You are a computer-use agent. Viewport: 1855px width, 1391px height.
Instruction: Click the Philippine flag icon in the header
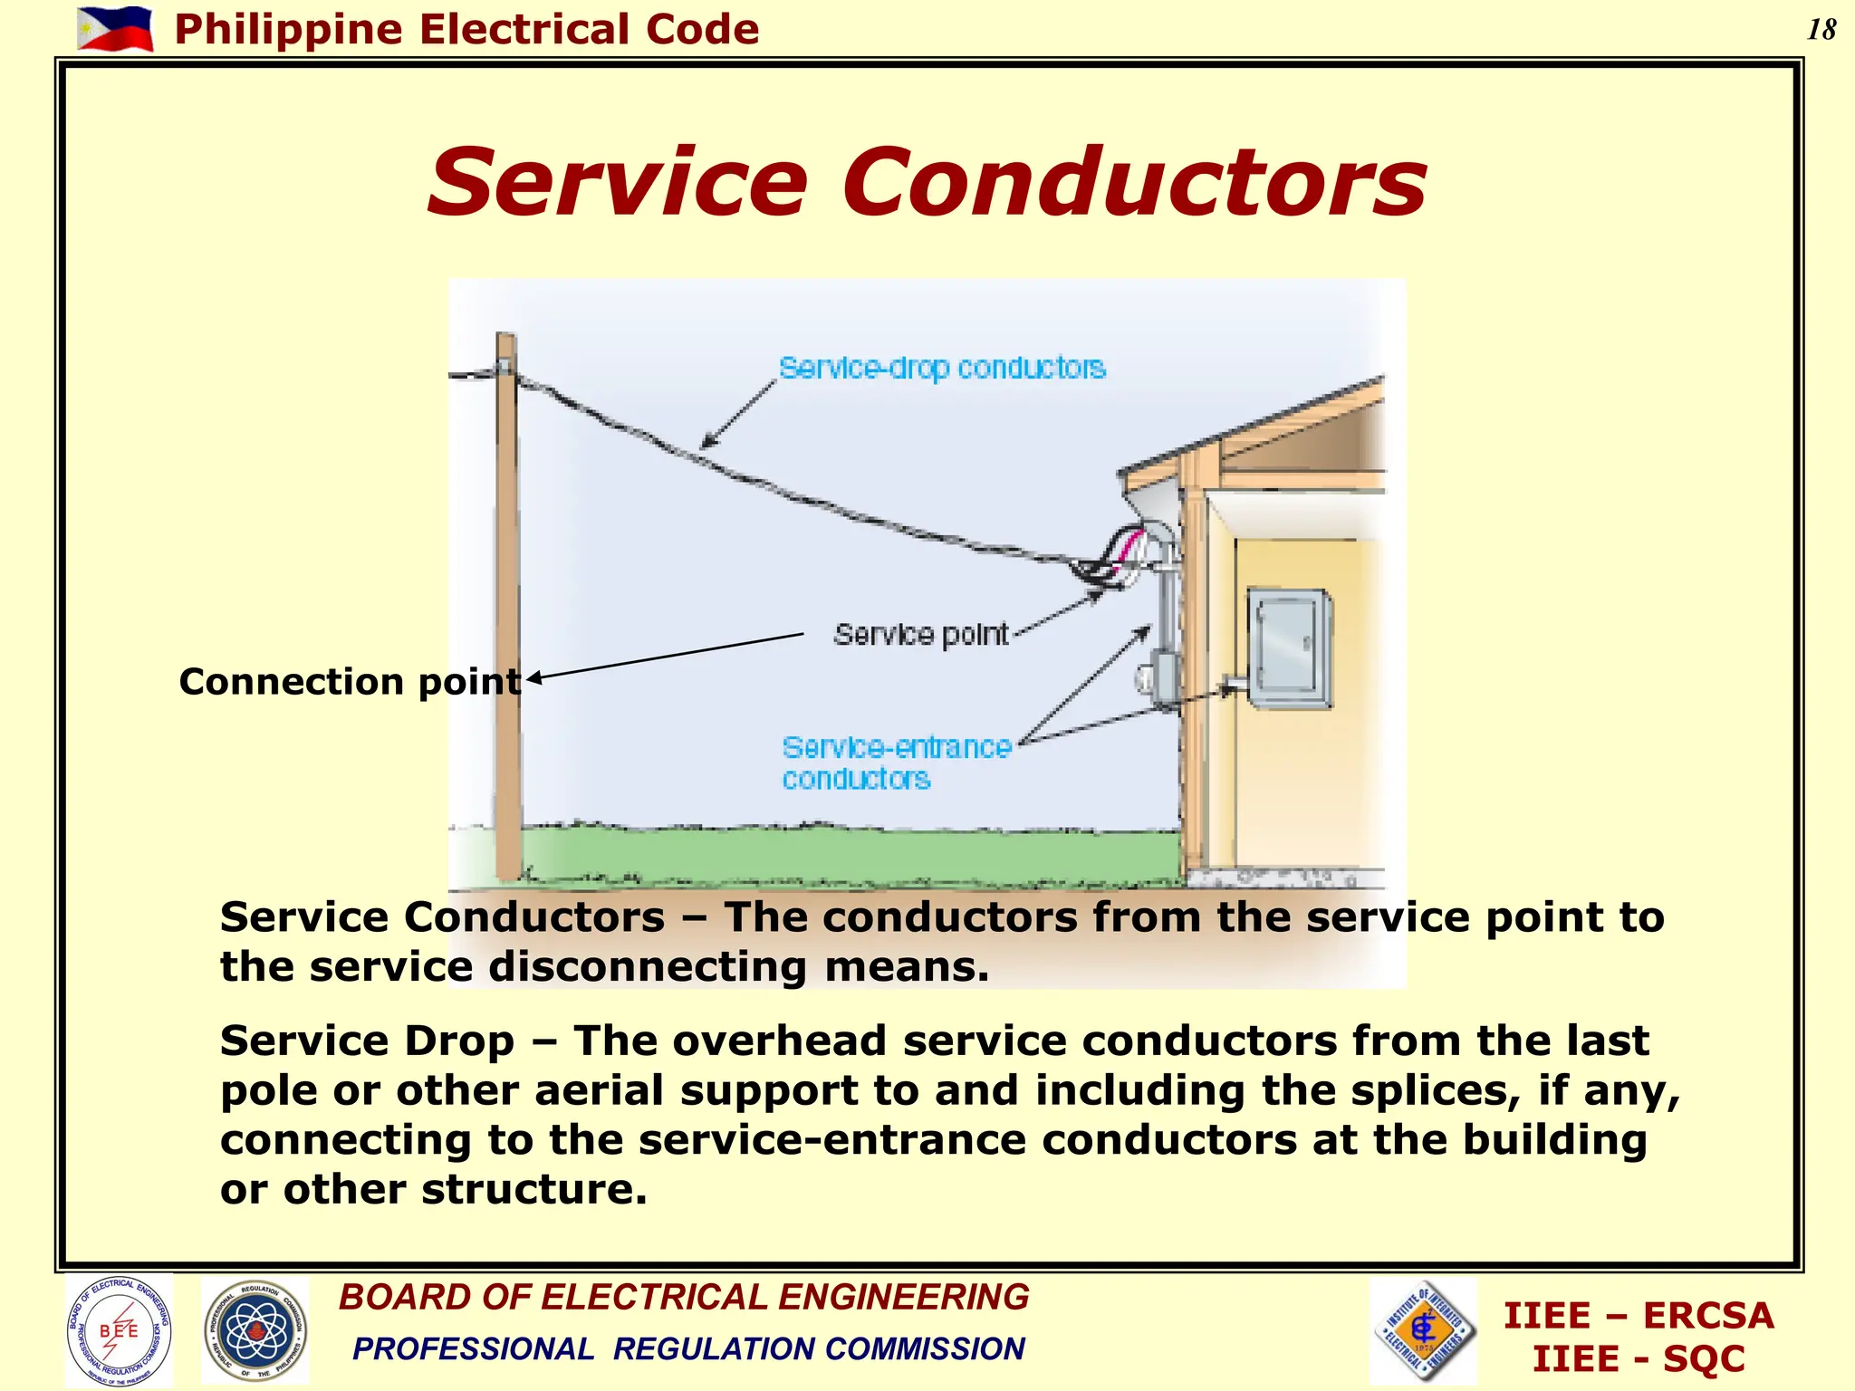[115, 29]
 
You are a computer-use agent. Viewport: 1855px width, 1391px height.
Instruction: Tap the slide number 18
[1821, 30]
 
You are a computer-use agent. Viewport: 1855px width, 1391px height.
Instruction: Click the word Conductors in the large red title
[1135, 184]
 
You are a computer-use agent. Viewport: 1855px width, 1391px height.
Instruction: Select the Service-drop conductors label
[942, 368]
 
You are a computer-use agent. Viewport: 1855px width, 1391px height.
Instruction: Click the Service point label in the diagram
[920, 634]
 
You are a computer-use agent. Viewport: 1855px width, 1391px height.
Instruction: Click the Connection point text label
[350, 681]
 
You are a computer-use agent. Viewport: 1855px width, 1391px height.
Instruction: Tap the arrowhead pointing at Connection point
[533, 677]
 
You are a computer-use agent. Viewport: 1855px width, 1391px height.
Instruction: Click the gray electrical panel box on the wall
[1290, 647]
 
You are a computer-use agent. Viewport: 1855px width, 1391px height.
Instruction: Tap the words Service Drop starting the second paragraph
[367, 1041]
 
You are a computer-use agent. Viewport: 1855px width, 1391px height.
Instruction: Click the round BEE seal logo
[119, 1329]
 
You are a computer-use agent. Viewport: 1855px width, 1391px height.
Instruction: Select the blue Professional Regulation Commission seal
[255, 1329]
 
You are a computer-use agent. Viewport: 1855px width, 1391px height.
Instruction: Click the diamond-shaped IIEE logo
[1424, 1329]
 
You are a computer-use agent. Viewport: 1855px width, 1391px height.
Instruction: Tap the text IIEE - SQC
[1638, 1358]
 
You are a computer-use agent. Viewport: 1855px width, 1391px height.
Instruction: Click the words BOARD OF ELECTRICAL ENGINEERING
[684, 1297]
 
